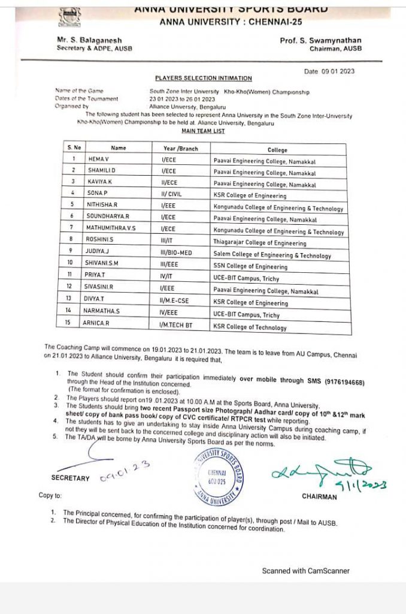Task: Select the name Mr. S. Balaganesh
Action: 89,41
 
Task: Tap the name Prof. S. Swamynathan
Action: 320,41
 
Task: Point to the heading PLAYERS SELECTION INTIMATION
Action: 204,78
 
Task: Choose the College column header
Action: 277,150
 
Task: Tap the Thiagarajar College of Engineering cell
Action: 259,243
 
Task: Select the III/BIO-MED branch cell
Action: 177,254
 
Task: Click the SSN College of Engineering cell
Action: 250,267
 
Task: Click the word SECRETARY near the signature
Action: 71,478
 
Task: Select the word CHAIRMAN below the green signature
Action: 320,496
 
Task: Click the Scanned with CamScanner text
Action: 305,571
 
